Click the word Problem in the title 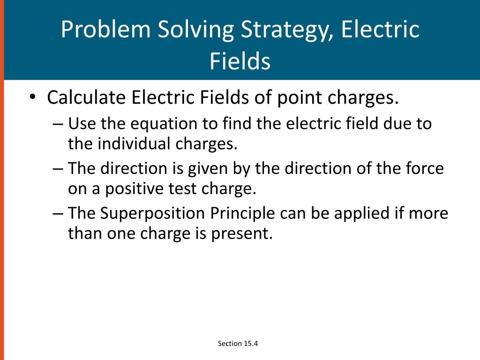(105, 30)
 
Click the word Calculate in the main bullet (86, 98)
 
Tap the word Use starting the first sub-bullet (81, 124)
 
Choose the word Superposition (153, 214)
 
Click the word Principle (242, 214)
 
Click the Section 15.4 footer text (238, 344)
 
